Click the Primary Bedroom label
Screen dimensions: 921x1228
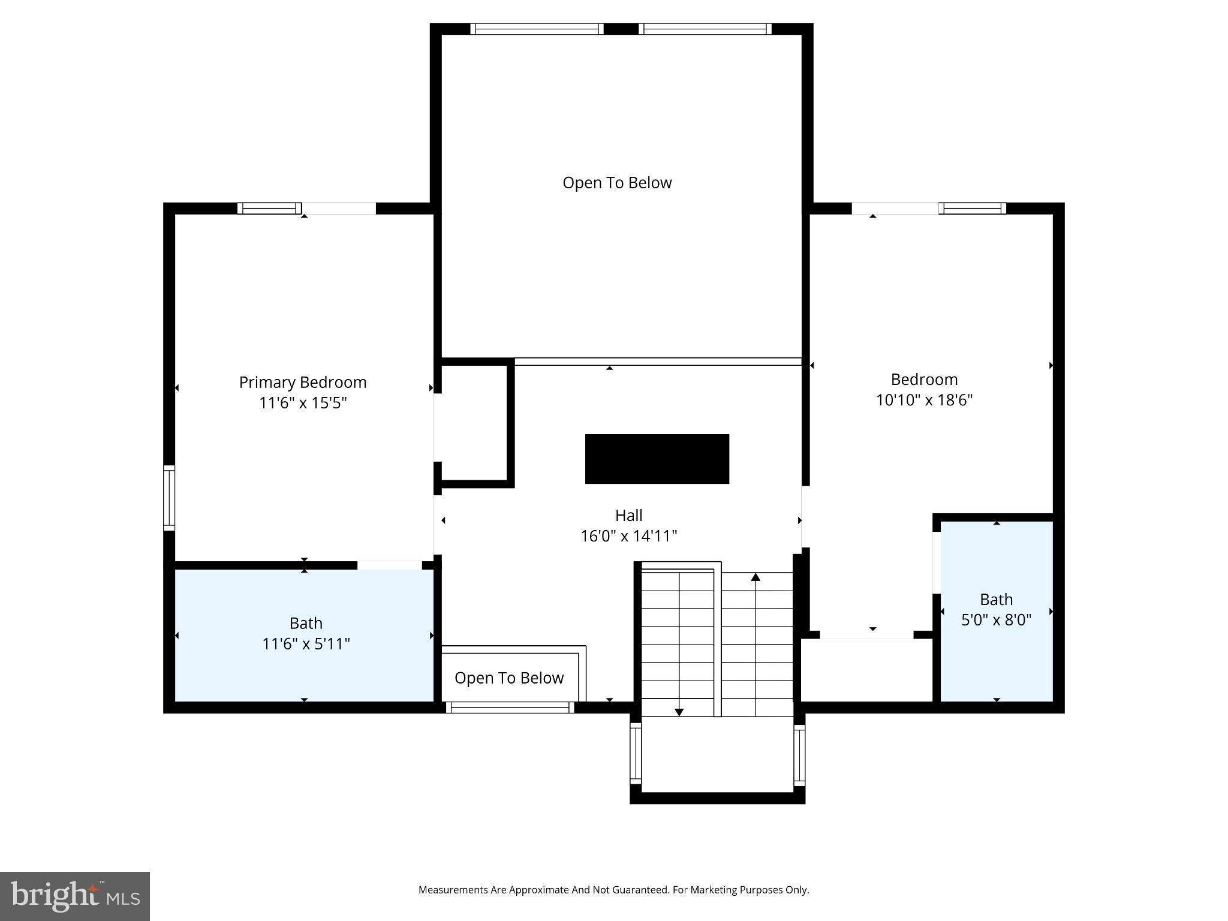point(302,382)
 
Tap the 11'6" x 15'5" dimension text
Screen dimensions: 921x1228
point(302,403)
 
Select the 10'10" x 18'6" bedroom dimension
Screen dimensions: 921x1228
point(924,400)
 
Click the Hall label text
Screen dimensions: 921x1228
point(628,515)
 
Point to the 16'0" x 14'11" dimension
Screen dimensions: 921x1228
point(628,536)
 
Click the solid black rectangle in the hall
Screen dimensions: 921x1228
point(657,459)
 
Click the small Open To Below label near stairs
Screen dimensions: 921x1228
point(508,678)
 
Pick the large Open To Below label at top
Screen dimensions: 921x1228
point(616,183)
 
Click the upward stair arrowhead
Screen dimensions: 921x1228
point(756,577)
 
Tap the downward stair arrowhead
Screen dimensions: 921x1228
point(679,712)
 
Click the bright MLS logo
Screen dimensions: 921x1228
point(74,896)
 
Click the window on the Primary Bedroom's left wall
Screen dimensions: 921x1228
point(169,498)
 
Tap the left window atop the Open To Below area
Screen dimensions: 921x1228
point(537,29)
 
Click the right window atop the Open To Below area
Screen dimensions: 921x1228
point(705,29)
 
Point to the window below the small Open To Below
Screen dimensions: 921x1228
point(510,708)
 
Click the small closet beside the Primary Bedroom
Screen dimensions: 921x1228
point(475,423)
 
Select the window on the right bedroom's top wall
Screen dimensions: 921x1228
point(972,208)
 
